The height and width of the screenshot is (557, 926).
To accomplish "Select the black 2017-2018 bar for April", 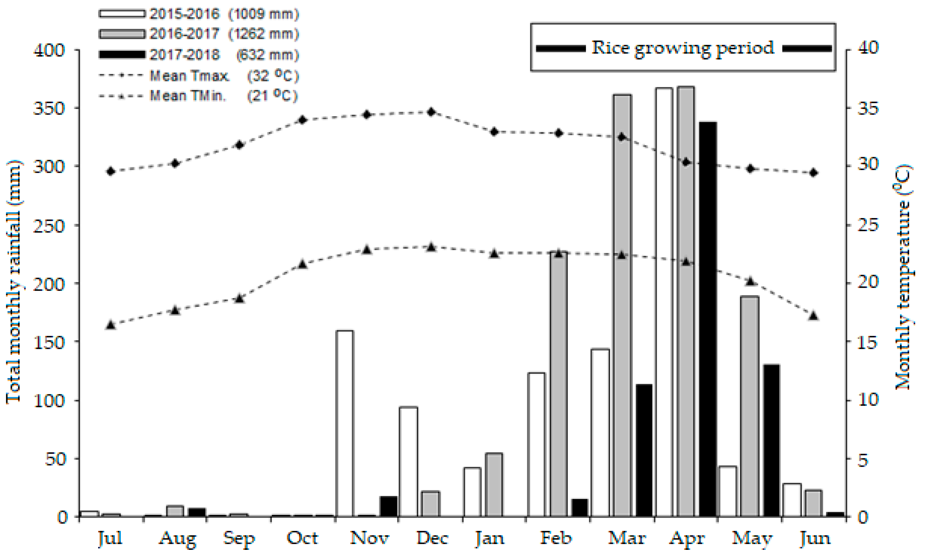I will (708, 319).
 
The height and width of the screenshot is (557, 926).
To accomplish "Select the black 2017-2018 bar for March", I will (644, 450).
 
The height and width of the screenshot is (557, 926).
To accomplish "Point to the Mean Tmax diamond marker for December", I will (431, 112).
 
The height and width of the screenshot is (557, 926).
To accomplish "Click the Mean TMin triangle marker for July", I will (110, 325).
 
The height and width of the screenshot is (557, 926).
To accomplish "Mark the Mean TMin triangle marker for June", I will (813, 316).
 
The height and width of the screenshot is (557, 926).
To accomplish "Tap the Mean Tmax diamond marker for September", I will (240, 145).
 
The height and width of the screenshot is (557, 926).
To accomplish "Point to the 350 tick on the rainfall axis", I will (49, 108).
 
